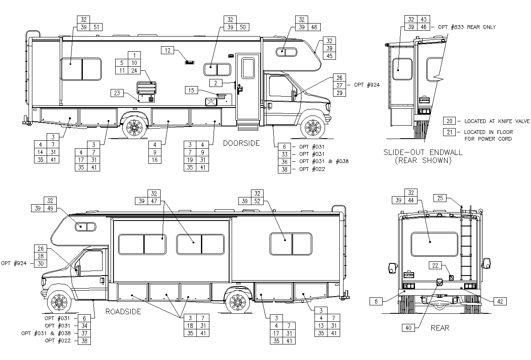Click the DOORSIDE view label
tap(241, 143)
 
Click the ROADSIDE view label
tap(123, 312)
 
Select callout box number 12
tap(167, 50)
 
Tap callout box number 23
tap(117, 93)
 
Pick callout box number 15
tap(191, 90)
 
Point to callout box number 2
tap(216, 83)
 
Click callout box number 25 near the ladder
tap(440, 198)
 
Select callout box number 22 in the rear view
tap(435, 265)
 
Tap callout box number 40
tap(408, 328)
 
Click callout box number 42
tap(500, 302)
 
